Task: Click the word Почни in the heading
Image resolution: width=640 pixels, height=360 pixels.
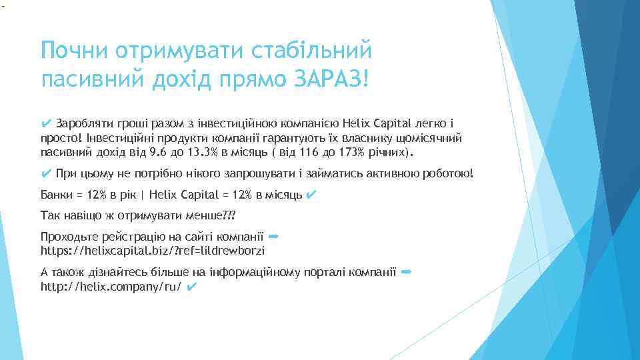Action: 73,50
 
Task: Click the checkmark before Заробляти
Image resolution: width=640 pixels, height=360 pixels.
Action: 46,123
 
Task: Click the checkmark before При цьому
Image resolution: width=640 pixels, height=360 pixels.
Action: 46,174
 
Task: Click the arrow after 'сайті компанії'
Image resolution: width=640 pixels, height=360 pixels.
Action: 272,236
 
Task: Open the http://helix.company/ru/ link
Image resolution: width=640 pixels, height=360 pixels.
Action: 111,287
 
